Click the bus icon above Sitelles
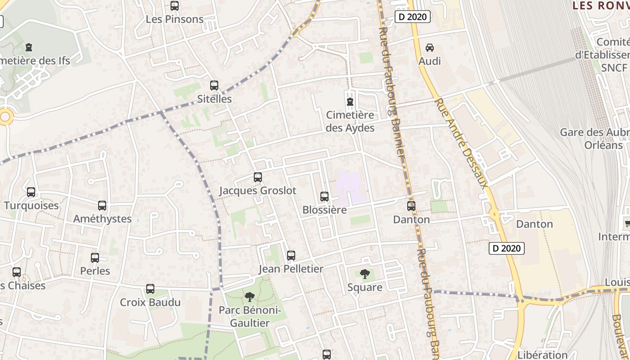pyautogui.click(x=214, y=85)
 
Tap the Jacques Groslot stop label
pyautogui.click(x=257, y=190)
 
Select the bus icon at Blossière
pyautogui.click(x=324, y=196)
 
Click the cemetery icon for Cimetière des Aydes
pyautogui.click(x=350, y=102)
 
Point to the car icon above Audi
pyautogui.click(x=430, y=47)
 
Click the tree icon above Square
pyautogui.click(x=365, y=274)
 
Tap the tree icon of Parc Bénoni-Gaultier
pyautogui.click(x=250, y=297)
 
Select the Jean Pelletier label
pyautogui.click(x=291, y=269)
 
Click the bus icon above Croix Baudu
pyautogui.click(x=150, y=289)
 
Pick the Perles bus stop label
pyautogui.click(x=95, y=271)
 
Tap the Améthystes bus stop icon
pyautogui.click(x=102, y=206)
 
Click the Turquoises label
pyautogui.click(x=31, y=206)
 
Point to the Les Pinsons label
pyautogui.click(x=175, y=19)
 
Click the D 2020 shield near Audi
pyautogui.click(x=413, y=17)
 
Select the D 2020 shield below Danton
pyautogui.click(x=507, y=248)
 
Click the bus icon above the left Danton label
pyautogui.click(x=411, y=206)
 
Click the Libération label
pyautogui.click(x=542, y=355)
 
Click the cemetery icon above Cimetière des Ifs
pyautogui.click(x=29, y=47)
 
